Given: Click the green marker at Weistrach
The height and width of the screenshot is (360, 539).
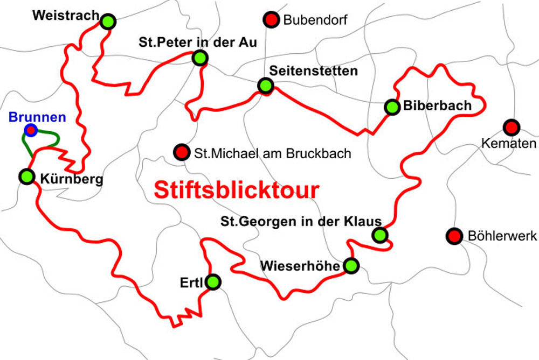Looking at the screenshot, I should [108, 22].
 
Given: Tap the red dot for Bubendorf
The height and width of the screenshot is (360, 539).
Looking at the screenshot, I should [271, 20].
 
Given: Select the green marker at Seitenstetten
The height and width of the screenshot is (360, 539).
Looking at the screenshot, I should [265, 86].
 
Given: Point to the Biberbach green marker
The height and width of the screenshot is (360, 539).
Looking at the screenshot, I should [392, 107].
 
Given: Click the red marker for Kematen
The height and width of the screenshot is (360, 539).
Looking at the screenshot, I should [511, 128].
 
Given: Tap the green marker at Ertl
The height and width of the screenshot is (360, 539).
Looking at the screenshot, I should [213, 282].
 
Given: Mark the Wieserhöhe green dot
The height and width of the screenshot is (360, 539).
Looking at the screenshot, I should [351, 265].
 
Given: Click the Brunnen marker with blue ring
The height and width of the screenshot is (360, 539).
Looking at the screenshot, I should [31, 130].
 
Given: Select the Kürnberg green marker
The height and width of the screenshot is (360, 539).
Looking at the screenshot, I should [26, 176].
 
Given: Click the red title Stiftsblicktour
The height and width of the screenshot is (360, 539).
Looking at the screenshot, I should [237, 190].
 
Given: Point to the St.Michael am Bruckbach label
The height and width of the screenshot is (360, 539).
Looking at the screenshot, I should [273, 154].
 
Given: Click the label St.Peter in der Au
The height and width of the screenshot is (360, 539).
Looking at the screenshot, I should [198, 43].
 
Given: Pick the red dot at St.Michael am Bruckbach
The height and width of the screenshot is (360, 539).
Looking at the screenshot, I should [182, 153].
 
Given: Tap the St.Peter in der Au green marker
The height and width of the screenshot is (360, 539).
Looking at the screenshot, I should [200, 58].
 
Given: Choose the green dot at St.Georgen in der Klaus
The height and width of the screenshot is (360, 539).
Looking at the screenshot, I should [380, 235].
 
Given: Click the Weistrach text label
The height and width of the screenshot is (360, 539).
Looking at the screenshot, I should [65, 16].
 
